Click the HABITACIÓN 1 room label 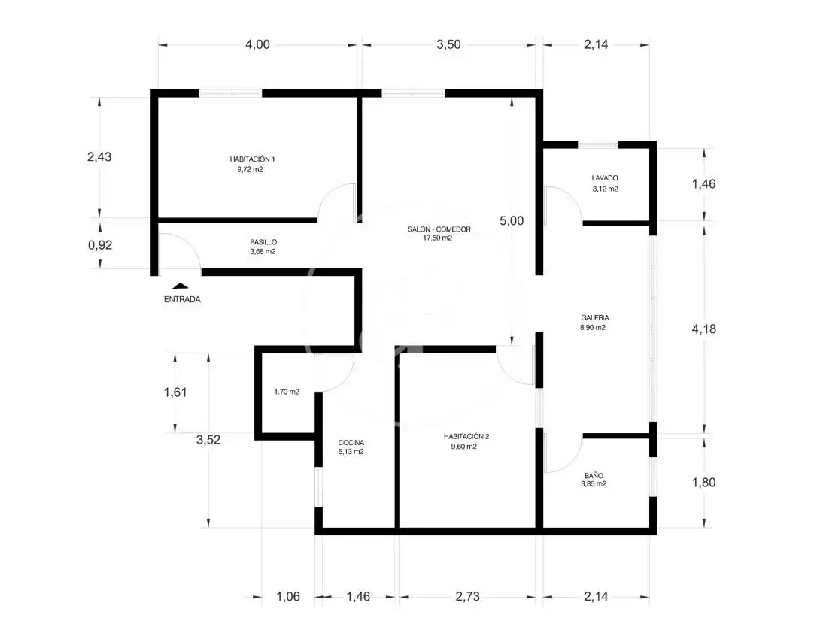point(252,159)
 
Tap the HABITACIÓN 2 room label point(466,436)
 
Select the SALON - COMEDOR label point(439,229)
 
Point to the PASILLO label point(263,242)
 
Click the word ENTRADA point(182,299)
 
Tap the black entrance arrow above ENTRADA point(181,286)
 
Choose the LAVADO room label point(605,178)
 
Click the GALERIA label point(595,318)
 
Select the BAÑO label point(594,475)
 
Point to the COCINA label point(351,443)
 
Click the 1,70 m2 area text point(287,392)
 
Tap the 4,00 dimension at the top point(257,45)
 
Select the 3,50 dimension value point(448,45)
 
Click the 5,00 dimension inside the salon point(512,221)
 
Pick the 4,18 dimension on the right point(704,329)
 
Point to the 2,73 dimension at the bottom point(468,597)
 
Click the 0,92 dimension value point(100,245)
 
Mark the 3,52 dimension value point(208,440)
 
